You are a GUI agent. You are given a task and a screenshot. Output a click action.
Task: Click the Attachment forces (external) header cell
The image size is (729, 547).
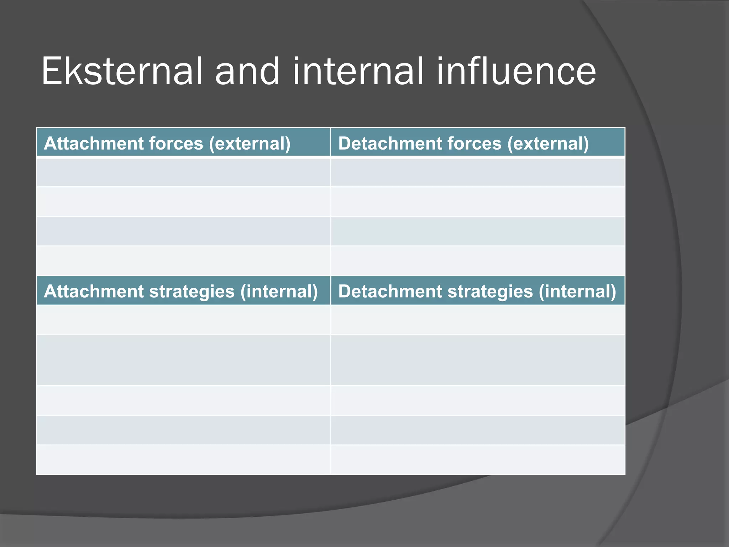pyautogui.click(x=183, y=142)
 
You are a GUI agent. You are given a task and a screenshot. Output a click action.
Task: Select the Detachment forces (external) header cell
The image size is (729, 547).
pyautogui.click(x=478, y=142)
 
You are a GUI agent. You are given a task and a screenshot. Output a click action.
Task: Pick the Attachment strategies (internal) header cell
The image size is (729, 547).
pyautogui.click(x=183, y=291)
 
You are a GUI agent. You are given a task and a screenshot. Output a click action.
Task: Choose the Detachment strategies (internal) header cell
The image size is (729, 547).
pyautogui.click(x=478, y=291)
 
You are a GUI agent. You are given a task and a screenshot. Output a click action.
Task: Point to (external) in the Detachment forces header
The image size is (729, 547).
pyautogui.click(x=548, y=144)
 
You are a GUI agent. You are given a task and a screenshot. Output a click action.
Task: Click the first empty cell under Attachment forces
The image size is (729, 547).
pyautogui.click(x=183, y=172)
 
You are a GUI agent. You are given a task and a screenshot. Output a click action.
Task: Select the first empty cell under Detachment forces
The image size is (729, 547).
pyautogui.click(x=478, y=172)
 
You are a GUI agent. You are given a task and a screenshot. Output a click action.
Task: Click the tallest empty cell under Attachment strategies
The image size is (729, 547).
pyautogui.click(x=183, y=360)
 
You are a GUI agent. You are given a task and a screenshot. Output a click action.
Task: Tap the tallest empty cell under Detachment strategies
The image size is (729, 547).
pyautogui.click(x=478, y=360)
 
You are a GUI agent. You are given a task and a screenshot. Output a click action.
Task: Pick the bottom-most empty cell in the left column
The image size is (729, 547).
pyautogui.click(x=183, y=459)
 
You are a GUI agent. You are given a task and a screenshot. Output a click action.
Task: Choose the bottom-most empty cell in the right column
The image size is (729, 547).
pyautogui.click(x=478, y=459)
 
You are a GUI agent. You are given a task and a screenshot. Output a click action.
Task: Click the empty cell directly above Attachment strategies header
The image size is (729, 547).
pyautogui.click(x=183, y=261)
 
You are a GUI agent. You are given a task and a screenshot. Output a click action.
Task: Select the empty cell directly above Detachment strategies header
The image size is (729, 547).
pyautogui.click(x=478, y=261)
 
